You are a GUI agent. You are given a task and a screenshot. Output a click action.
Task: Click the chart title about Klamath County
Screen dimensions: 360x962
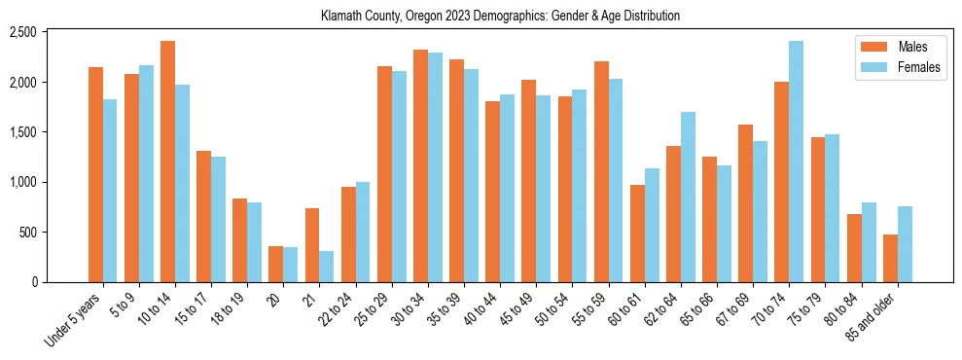coord(500,16)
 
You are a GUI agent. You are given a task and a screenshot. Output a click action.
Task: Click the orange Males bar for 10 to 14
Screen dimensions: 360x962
coord(168,162)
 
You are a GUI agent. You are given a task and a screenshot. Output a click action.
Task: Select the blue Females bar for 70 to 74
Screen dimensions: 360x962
coord(796,162)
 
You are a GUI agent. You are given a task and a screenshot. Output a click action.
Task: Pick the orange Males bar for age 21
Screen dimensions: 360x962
coord(312,245)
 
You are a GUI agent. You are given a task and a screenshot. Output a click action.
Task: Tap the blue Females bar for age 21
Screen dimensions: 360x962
coord(327,267)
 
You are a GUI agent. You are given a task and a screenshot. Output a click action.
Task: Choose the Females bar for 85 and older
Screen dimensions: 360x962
coord(905,244)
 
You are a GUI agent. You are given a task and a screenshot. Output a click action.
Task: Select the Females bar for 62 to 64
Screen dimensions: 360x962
coord(688,198)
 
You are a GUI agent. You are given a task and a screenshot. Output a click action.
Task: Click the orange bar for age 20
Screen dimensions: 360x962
coord(276,265)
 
